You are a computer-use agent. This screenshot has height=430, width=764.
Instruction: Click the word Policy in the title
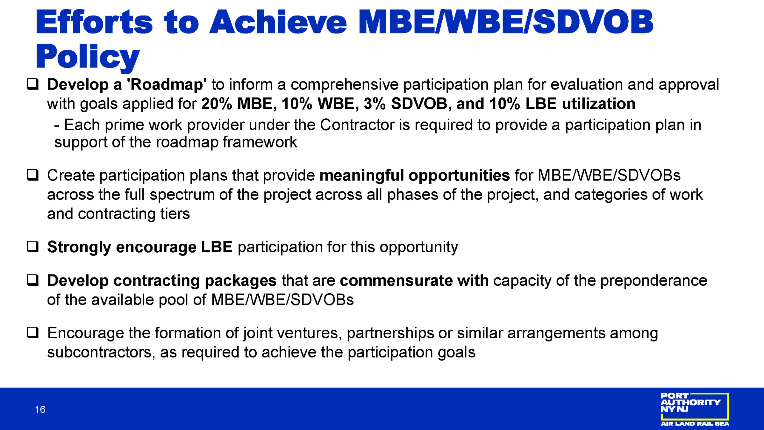87,57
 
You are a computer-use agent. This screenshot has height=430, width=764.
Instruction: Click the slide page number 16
40,409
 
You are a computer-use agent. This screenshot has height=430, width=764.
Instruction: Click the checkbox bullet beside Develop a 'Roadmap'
33,84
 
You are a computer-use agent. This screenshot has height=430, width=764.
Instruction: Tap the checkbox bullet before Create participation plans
33,175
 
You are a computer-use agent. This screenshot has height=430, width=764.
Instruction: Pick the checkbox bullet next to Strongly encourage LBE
33,247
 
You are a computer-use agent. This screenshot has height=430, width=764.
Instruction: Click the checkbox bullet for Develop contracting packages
33,280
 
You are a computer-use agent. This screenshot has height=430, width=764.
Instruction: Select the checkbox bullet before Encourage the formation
33,332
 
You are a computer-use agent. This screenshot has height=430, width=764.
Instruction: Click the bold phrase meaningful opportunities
415,176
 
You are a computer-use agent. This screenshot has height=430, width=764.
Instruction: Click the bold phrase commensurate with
414,280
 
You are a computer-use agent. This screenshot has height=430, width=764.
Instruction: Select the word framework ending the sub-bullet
260,142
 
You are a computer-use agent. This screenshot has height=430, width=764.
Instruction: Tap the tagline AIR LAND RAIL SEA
695,423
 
